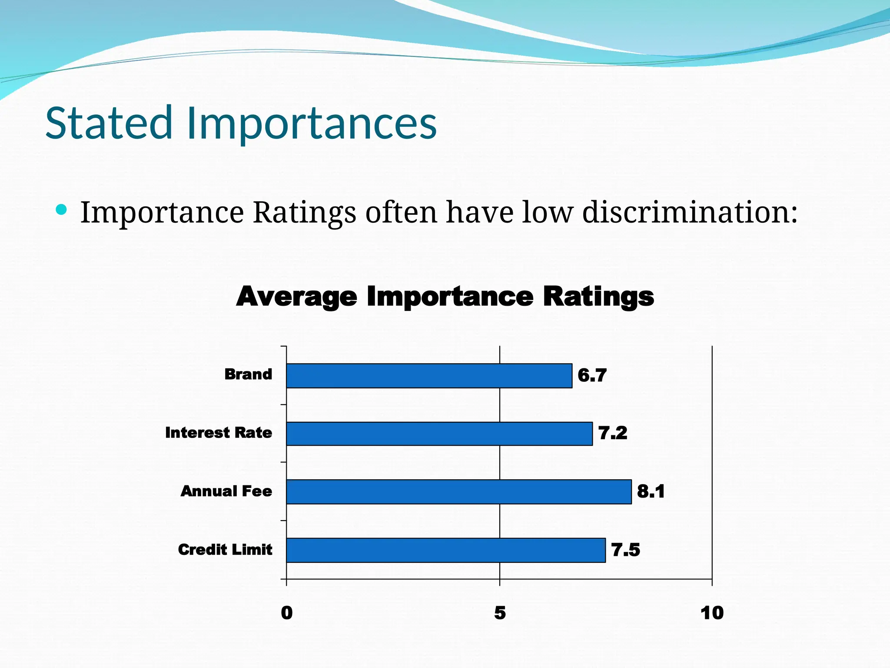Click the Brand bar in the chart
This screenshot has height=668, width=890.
pyautogui.click(x=429, y=376)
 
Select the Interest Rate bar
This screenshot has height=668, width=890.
pyautogui.click(x=439, y=434)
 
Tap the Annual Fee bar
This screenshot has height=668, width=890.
pyautogui.click(x=458, y=492)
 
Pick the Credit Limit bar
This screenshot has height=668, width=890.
pyautogui.click(x=445, y=550)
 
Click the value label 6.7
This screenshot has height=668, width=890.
pyautogui.click(x=592, y=375)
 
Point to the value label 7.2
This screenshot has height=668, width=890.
pyautogui.click(x=613, y=433)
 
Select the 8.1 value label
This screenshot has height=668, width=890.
pyautogui.click(x=651, y=491)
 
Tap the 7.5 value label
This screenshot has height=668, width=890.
pyautogui.click(x=625, y=550)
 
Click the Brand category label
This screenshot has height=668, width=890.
pyautogui.click(x=248, y=374)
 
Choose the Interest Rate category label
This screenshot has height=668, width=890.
pyautogui.click(x=219, y=433)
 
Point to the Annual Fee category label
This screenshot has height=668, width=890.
pyautogui.click(x=226, y=491)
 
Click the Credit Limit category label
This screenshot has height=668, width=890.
pyautogui.click(x=225, y=550)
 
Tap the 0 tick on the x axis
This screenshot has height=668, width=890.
pyautogui.click(x=287, y=613)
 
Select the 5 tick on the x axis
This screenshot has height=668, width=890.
pyautogui.click(x=500, y=613)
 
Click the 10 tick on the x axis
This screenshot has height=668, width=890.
pyautogui.click(x=712, y=613)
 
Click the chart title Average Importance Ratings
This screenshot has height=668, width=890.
pyautogui.click(x=445, y=297)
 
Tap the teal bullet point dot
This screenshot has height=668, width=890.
pyautogui.click(x=62, y=210)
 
